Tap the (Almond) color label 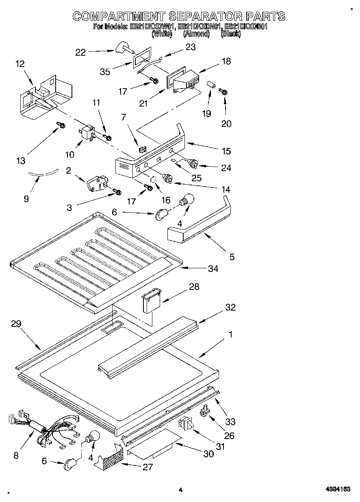tap(196, 34)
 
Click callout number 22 tap(81, 52)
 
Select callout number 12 tap(20, 64)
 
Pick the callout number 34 tap(213, 269)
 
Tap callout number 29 tap(17, 324)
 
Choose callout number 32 tap(230, 307)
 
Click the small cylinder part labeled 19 tap(210, 86)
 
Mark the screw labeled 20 tap(223, 91)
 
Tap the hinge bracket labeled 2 tap(96, 182)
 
